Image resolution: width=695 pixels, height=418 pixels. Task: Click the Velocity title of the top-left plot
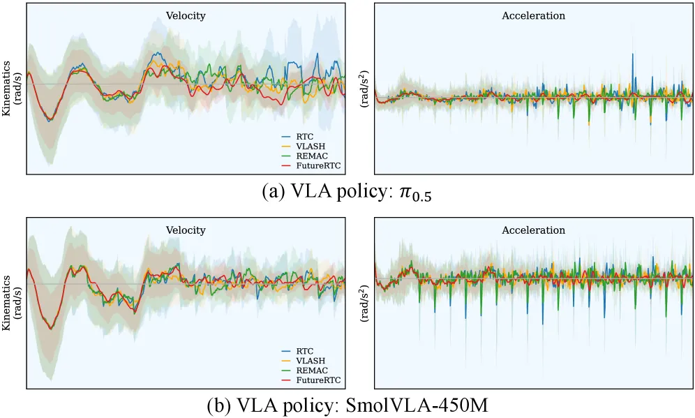click(186, 16)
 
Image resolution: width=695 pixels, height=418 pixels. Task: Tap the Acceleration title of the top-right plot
click(533, 16)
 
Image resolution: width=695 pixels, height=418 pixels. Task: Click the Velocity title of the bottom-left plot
click(186, 230)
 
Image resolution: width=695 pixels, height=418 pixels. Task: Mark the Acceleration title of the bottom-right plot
click(533, 230)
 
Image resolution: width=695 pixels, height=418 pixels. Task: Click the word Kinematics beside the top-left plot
click(6, 88)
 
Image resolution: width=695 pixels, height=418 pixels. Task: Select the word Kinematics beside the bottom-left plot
click(6, 303)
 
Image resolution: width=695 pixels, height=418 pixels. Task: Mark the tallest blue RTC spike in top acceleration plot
click(632, 71)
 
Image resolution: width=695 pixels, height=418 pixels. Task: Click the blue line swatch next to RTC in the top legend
click(287, 137)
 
